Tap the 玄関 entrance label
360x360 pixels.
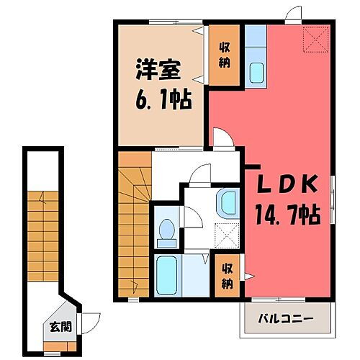(60, 325)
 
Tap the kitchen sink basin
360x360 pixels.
(256, 71)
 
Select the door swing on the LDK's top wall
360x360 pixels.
(291, 15)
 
